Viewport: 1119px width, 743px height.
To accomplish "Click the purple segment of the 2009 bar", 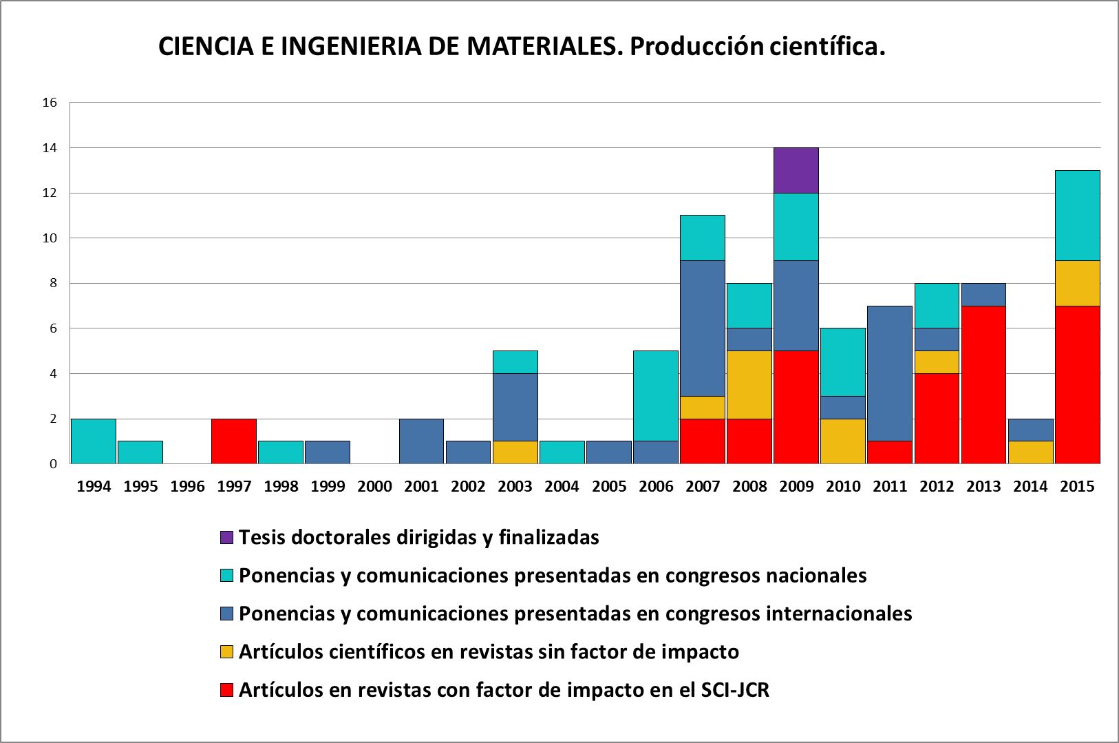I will coord(796,170).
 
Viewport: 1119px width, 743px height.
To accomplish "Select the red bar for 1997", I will coord(234,441).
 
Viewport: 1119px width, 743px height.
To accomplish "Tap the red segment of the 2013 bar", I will coord(983,384).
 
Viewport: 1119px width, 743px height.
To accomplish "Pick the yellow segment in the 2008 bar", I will coord(749,384).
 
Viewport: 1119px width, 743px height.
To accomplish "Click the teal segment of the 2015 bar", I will coord(1077,216).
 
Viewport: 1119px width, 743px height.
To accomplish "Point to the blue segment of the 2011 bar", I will coord(890,373).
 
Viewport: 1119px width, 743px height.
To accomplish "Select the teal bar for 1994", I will coord(94,441).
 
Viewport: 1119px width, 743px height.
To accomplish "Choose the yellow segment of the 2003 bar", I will coord(515,452).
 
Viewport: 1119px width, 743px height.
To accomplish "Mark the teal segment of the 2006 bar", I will coord(656,396).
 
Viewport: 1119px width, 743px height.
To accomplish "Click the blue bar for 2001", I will coord(421,441).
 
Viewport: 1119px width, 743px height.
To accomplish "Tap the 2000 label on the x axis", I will coord(374,486).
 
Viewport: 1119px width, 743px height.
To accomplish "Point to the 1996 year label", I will coord(187,486).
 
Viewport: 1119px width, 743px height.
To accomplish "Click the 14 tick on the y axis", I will coord(49,148).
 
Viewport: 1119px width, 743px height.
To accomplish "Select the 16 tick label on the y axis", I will coord(49,103).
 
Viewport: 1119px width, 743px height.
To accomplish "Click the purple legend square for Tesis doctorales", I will coord(226,537).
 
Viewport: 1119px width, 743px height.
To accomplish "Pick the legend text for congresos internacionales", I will coord(575,613).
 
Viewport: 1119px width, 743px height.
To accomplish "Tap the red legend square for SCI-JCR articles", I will coord(226,690).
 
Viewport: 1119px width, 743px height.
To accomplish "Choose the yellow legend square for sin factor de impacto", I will coord(226,651).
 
